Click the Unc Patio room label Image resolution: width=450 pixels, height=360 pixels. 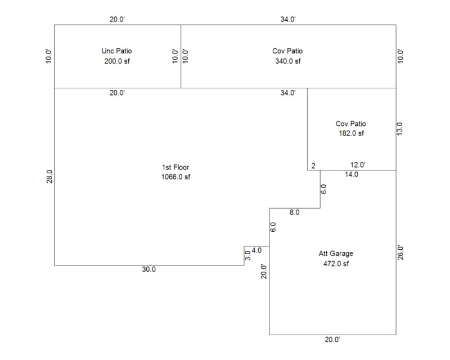click(117, 51)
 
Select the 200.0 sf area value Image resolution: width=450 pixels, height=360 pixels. click(117, 61)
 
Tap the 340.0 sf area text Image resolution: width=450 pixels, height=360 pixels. click(287, 61)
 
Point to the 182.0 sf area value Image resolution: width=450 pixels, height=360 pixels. click(350, 133)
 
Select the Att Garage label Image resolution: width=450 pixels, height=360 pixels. click(336, 253)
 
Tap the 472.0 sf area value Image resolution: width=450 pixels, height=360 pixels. click(336, 263)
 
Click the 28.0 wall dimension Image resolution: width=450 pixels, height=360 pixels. click(49, 177)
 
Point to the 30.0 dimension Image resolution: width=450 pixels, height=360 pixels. click(148, 269)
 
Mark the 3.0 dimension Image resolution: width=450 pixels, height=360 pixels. click(248, 255)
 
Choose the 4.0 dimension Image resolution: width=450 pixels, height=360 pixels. click(256, 250)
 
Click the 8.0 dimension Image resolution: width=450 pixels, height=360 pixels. click(294, 213)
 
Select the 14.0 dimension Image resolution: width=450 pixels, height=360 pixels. click(352, 174)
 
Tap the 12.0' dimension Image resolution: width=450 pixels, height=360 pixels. click(358, 165)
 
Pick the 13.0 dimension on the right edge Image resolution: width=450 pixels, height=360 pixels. click(400, 129)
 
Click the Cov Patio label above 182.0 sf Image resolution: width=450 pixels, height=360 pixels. click(350, 123)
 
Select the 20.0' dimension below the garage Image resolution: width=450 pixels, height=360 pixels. click(332, 340)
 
